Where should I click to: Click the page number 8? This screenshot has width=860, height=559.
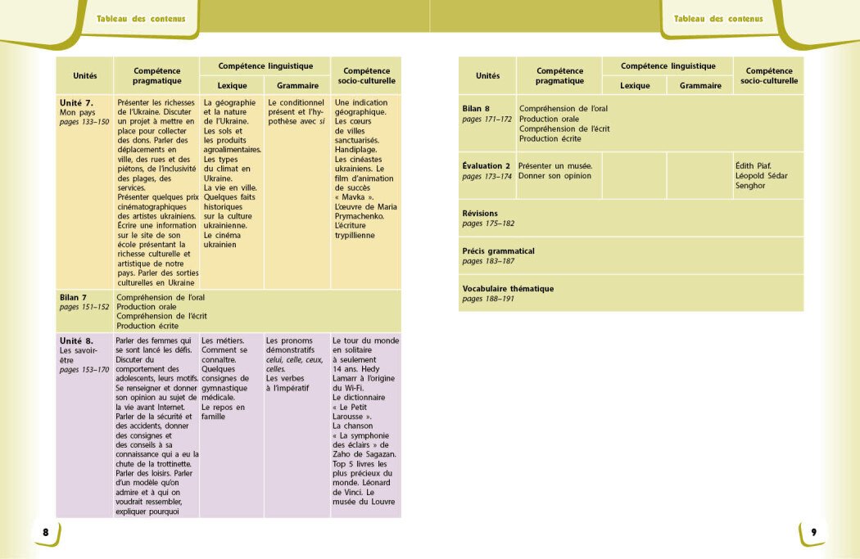[46, 533]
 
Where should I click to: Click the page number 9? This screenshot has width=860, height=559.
[813, 533]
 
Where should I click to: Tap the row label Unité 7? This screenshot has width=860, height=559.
[76, 102]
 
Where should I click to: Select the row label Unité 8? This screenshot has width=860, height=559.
[76, 340]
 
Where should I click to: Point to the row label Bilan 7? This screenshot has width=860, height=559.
[73, 297]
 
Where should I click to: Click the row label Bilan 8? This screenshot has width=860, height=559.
[476, 108]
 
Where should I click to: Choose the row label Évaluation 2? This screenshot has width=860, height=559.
[487, 165]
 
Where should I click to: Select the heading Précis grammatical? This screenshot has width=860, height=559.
[498, 250]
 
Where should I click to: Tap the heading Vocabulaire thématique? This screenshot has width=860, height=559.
[508, 288]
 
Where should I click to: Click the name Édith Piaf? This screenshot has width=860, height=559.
[754, 165]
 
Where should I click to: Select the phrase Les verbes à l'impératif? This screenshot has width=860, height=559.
[287, 383]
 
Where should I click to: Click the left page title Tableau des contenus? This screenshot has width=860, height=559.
[141, 19]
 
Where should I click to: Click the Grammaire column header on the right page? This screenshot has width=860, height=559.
[700, 85]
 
